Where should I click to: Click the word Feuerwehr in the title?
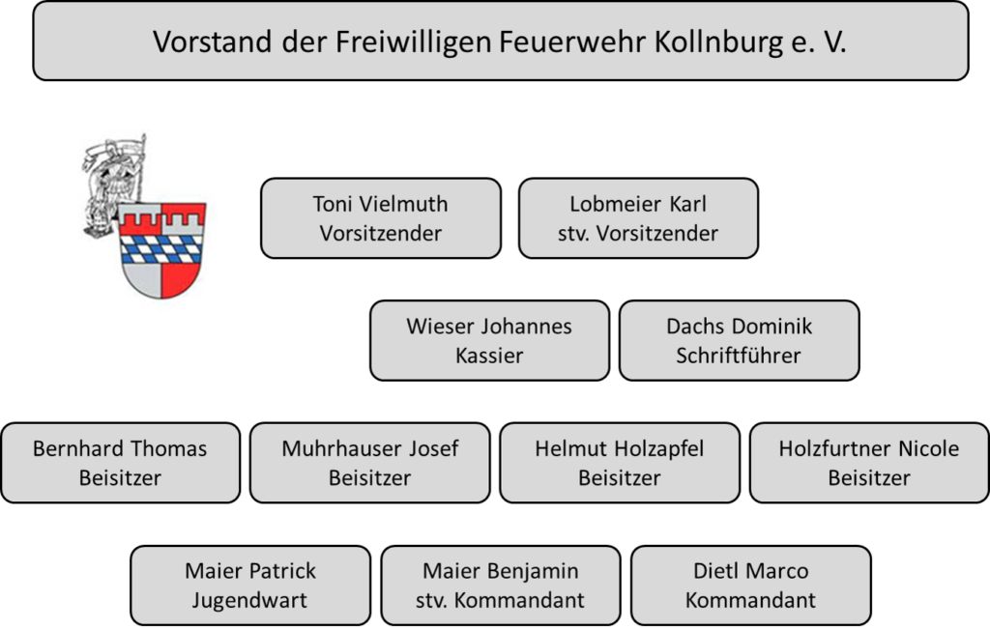(x=573, y=43)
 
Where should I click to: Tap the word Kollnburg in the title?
(x=718, y=43)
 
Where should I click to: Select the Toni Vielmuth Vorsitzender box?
(x=381, y=218)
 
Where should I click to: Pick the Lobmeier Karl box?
(x=638, y=218)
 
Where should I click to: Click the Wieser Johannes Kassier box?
(x=489, y=341)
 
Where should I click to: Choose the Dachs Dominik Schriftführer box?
(x=739, y=341)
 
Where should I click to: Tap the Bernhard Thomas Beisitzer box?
(x=120, y=463)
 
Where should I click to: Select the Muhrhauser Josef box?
(x=370, y=463)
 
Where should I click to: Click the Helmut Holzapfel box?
(x=620, y=463)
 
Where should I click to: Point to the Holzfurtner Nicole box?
(x=869, y=463)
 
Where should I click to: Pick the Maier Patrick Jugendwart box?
(x=250, y=586)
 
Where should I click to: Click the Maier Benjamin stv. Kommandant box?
(x=500, y=586)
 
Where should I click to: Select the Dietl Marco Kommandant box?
(x=750, y=586)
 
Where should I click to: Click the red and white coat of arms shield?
(x=161, y=250)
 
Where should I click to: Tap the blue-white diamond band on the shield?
(x=161, y=248)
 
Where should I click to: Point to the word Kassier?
(x=489, y=356)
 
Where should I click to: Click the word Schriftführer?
(x=739, y=356)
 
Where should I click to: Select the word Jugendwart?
(x=249, y=601)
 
